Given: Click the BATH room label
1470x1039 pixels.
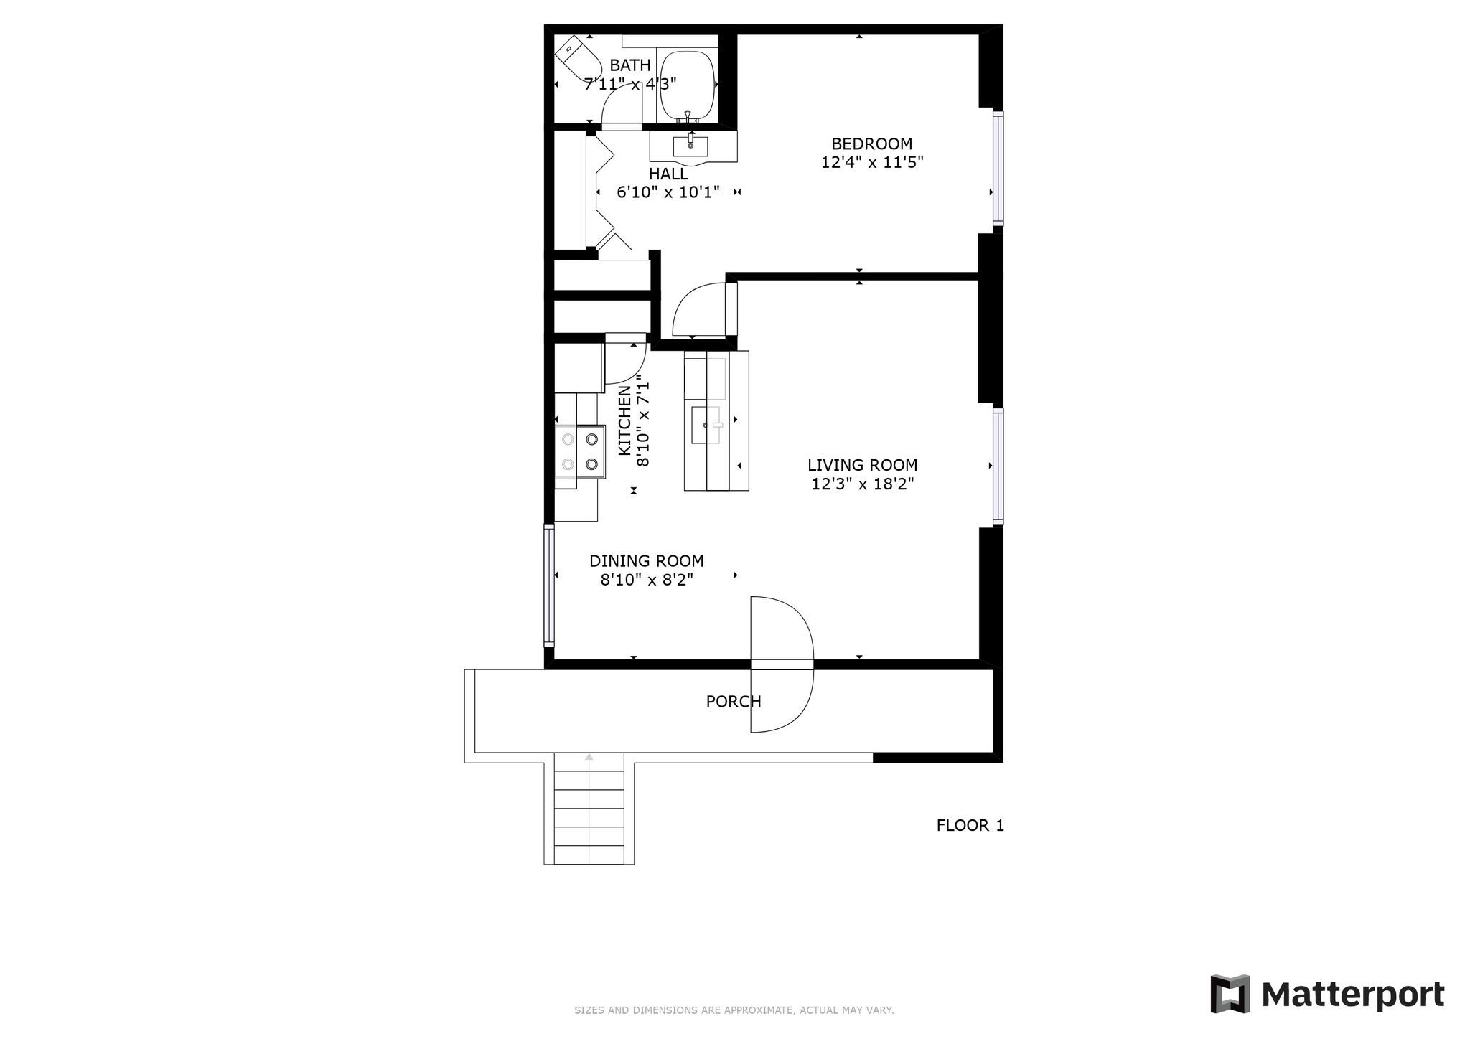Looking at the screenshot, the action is [x=630, y=66].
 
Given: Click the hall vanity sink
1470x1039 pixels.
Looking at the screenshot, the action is [x=690, y=146].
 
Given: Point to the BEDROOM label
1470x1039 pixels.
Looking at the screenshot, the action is [x=872, y=144].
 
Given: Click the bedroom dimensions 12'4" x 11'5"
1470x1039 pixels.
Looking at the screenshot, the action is [x=872, y=163].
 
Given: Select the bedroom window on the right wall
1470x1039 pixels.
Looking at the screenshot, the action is [x=998, y=169].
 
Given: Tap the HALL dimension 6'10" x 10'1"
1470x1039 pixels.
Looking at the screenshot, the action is [x=668, y=192].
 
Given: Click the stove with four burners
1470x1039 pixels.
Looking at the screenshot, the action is [x=580, y=452].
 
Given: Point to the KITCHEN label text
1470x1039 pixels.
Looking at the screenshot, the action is [x=624, y=420].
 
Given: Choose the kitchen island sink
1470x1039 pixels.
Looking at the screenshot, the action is [x=706, y=425].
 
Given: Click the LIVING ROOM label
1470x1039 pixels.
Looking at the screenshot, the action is [x=862, y=466].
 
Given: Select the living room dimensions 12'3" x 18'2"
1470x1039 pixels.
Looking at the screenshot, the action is [x=862, y=484].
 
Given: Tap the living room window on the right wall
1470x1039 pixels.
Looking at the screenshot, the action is [x=998, y=465].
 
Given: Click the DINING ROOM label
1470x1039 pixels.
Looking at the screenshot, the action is [x=647, y=561].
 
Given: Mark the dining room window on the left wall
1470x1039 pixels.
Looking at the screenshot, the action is [x=549, y=585].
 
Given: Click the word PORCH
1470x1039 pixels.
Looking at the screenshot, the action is [x=734, y=702].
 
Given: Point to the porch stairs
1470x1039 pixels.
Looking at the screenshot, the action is [x=589, y=809].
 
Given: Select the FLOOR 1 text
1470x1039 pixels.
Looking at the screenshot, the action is [x=970, y=826].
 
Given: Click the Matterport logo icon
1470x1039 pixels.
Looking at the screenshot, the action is [x=1230, y=995].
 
